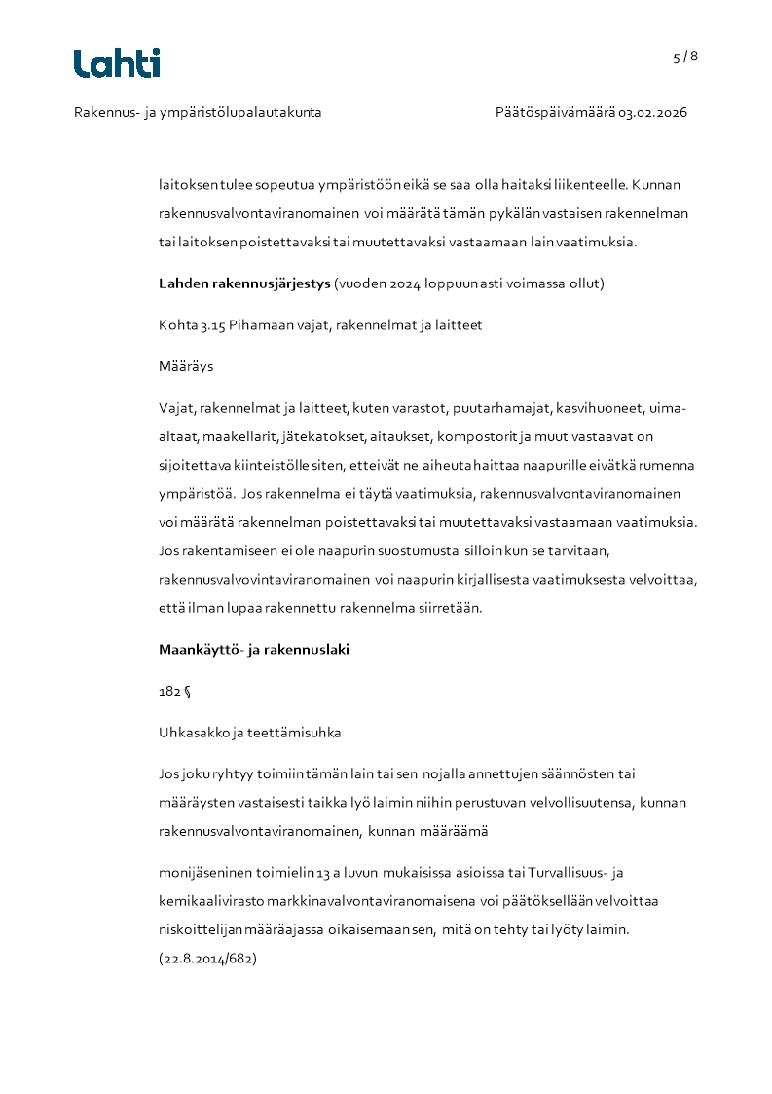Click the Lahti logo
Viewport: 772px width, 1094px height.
pos(117,63)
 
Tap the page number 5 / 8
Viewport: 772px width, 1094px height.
pos(685,57)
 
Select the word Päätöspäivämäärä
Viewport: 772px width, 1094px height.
pos(555,112)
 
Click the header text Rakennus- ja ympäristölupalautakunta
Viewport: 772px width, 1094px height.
pos(198,112)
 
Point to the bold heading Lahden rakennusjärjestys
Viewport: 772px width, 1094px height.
pos(244,283)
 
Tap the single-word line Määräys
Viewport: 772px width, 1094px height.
pos(186,367)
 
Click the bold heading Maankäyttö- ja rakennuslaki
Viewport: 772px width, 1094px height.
pos(254,649)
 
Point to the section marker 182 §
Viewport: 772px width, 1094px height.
pos(174,691)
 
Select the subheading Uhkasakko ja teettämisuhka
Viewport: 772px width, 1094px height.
pos(249,732)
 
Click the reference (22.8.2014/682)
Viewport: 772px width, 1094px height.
pos(207,959)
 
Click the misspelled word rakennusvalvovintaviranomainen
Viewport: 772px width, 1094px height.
pos(264,580)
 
